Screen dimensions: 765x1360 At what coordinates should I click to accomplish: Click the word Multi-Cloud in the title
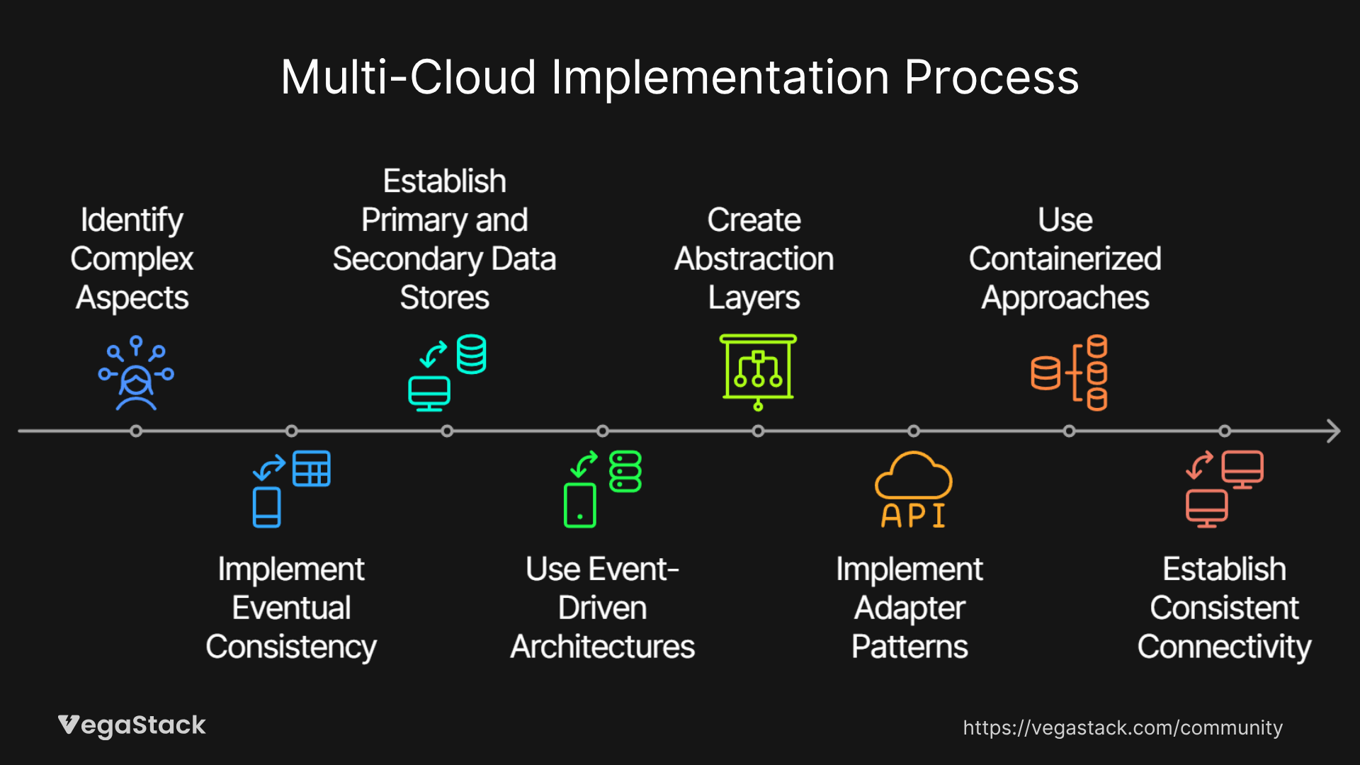click(x=408, y=77)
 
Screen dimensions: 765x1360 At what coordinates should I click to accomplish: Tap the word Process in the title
click(x=991, y=77)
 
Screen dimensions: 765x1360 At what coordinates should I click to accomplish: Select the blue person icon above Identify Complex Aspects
click(x=136, y=373)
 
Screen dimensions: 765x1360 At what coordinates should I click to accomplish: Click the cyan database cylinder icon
click(x=471, y=353)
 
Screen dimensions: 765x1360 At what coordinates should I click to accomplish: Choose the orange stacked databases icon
click(x=1069, y=373)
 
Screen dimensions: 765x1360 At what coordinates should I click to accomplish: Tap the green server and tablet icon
click(x=602, y=489)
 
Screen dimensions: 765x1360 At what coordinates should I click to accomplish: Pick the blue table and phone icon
click(x=291, y=489)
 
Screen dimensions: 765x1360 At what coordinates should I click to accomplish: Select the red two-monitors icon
click(x=1224, y=489)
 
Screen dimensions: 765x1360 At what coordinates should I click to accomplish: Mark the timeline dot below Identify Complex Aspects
click(x=136, y=431)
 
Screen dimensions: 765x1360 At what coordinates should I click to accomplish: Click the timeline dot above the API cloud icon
click(x=914, y=431)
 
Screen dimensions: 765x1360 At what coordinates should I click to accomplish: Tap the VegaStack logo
click(x=132, y=725)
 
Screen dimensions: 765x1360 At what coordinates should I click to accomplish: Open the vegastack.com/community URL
click(x=1123, y=727)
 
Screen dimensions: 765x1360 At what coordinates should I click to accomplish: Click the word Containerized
click(x=1065, y=259)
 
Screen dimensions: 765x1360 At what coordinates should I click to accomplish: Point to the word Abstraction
click(x=754, y=259)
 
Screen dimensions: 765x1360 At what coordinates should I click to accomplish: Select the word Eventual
click(x=291, y=608)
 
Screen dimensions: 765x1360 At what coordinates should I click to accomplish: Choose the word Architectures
click(x=602, y=647)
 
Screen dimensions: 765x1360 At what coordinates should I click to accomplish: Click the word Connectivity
click(x=1224, y=647)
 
